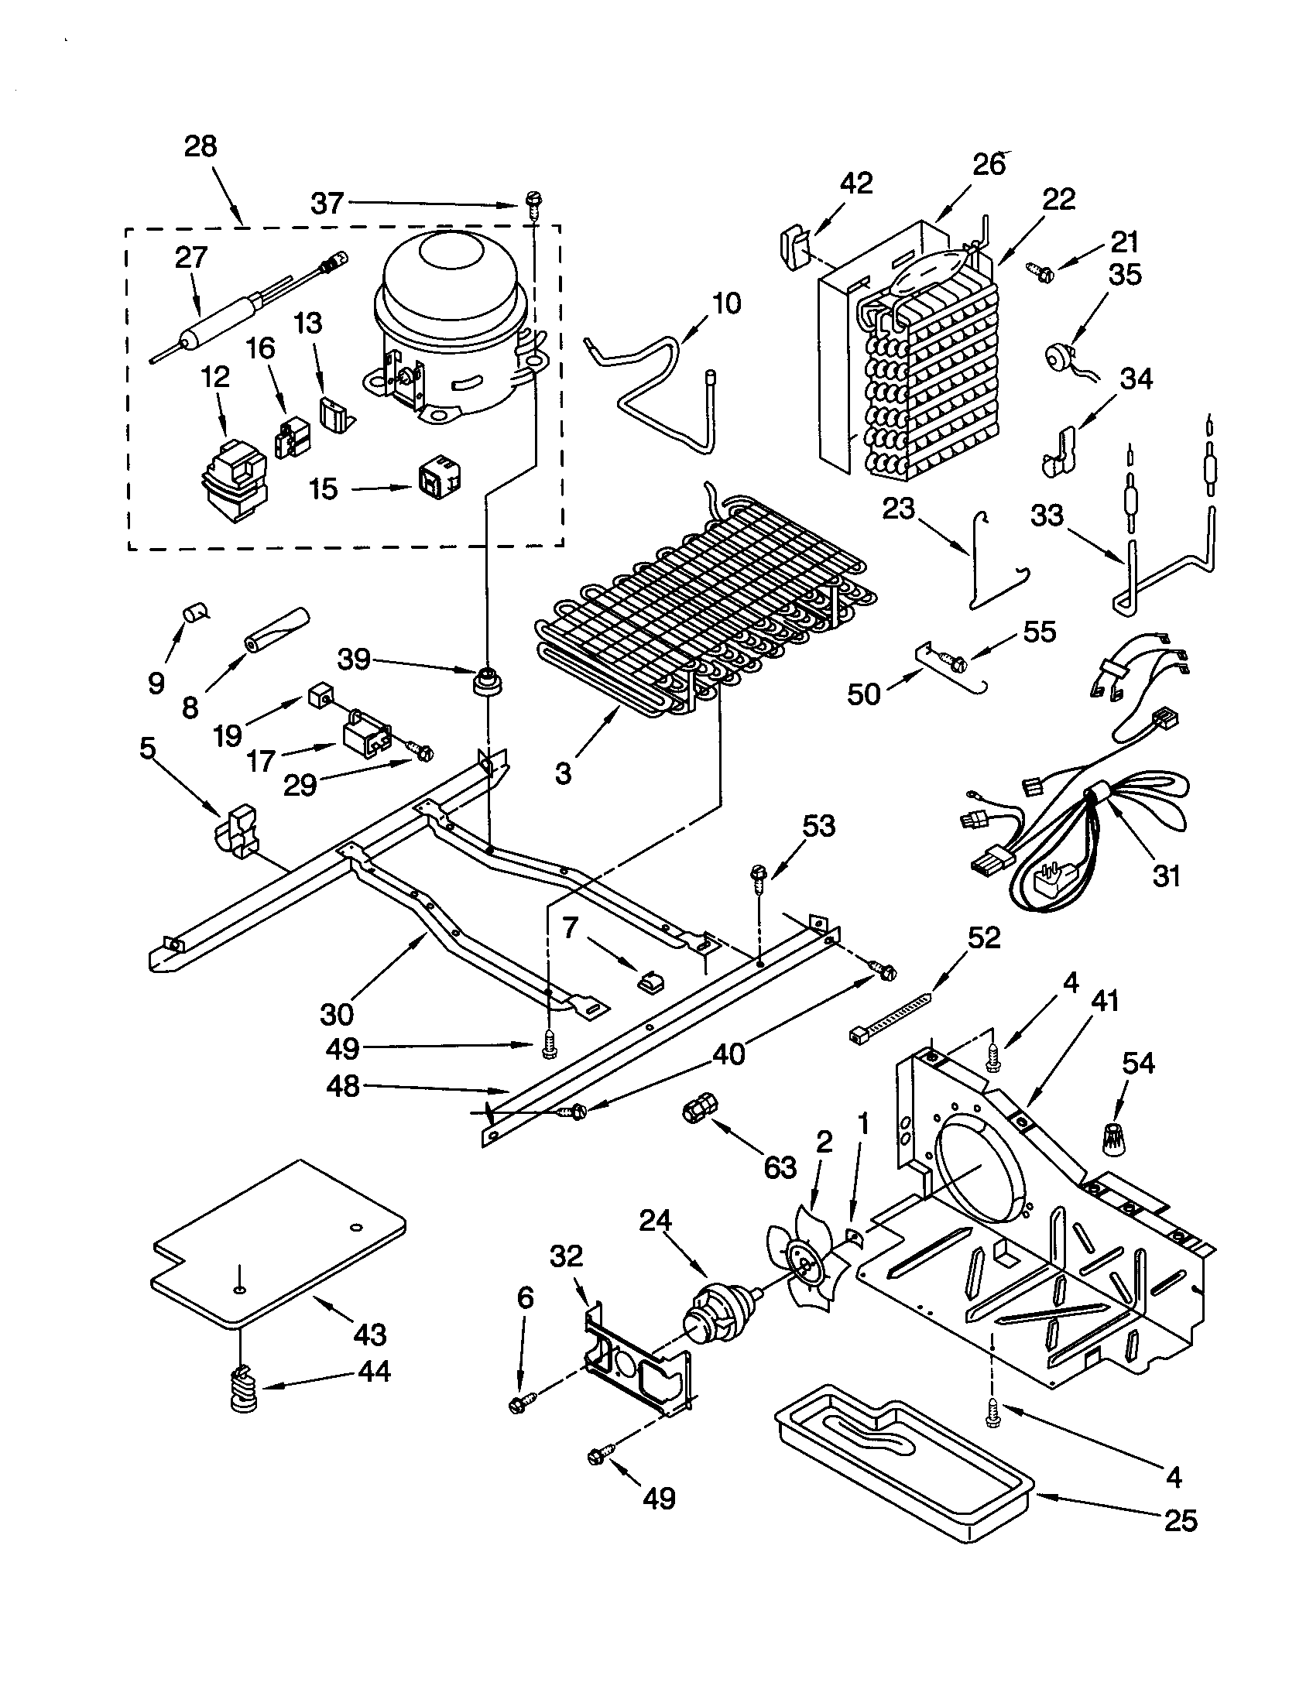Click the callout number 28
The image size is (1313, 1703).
[201, 146]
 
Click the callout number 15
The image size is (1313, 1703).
[323, 489]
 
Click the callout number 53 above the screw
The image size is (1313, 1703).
[818, 825]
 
